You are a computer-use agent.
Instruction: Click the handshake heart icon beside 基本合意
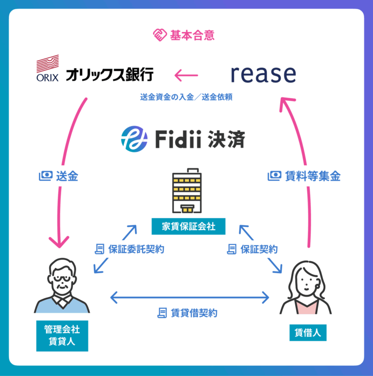[x=159, y=36]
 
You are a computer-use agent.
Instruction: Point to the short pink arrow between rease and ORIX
[x=187, y=75]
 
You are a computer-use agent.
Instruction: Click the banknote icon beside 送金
[x=46, y=176]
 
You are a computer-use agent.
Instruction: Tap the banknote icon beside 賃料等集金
[x=274, y=176]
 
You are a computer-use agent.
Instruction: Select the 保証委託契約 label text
[x=136, y=249]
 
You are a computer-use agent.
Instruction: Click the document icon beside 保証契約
[x=232, y=249]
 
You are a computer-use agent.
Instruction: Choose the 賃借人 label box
[x=308, y=333]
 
